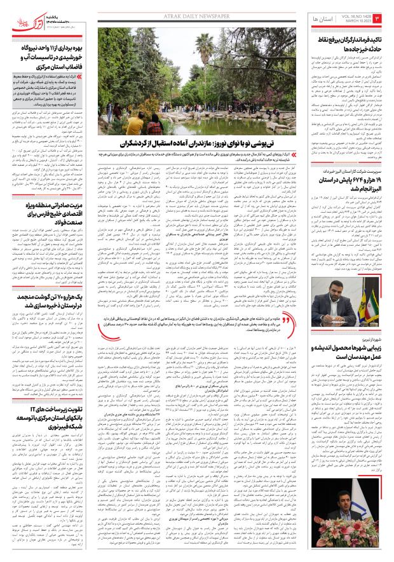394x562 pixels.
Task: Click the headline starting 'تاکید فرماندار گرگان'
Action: tap(344, 44)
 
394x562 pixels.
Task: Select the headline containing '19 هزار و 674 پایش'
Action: tap(344, 197)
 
